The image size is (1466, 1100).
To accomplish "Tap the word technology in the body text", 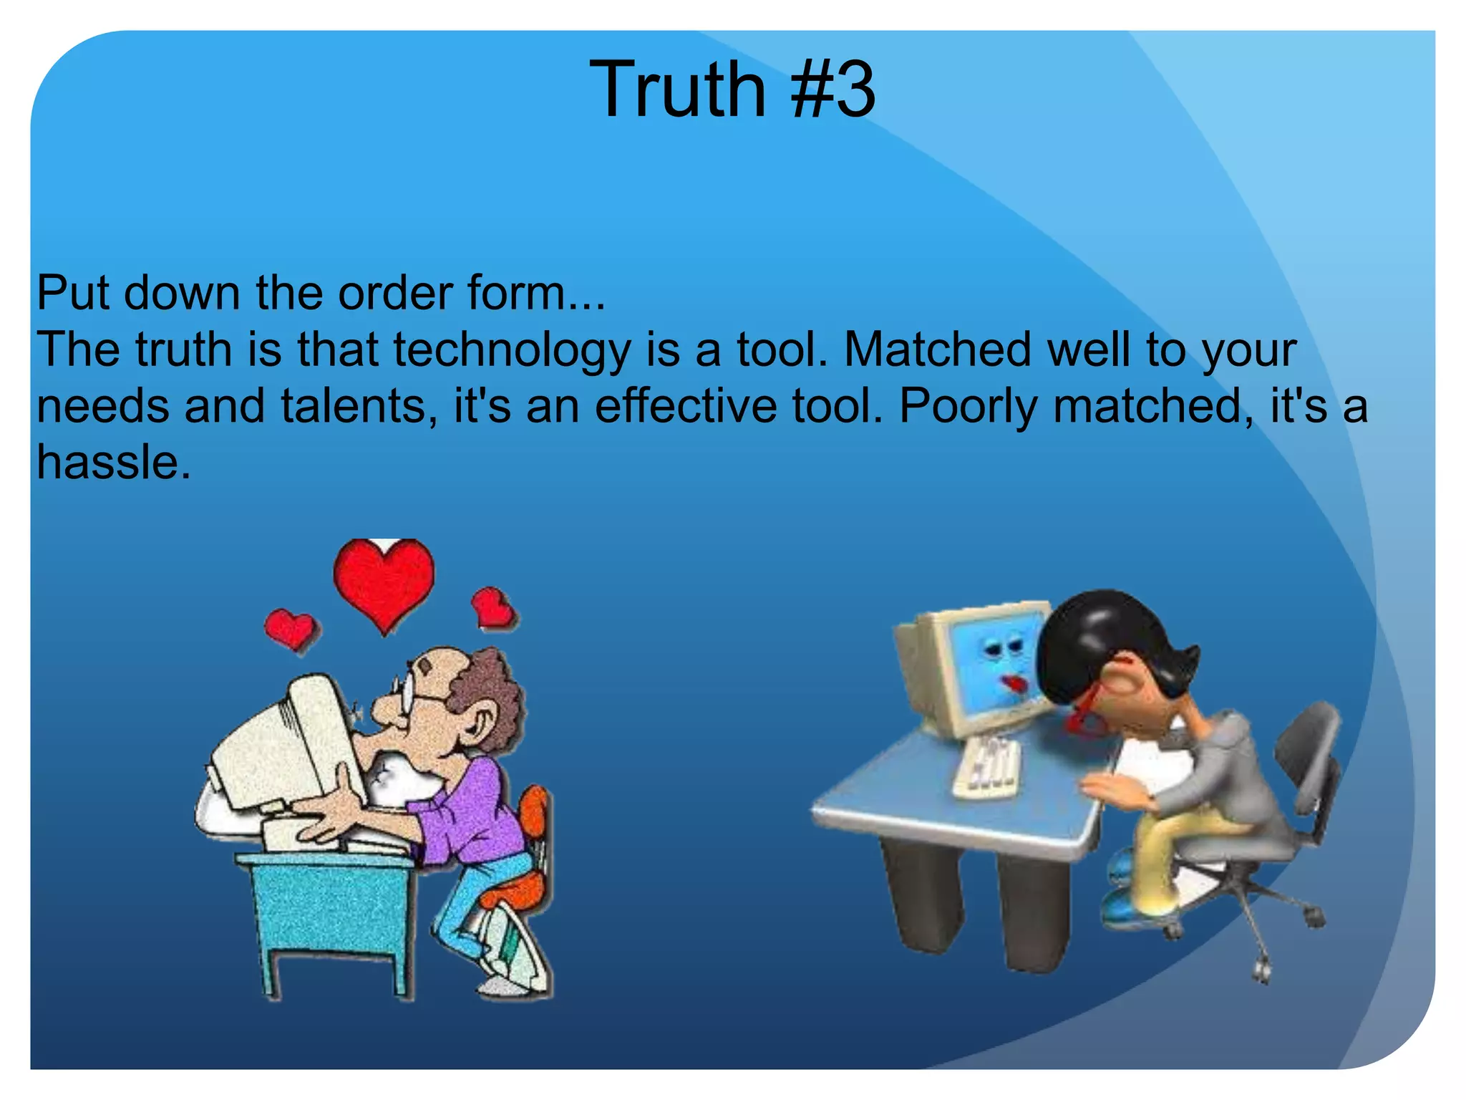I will [512, 351].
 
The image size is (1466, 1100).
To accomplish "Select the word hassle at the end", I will [112, 463].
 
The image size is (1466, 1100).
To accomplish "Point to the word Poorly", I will [967, 407].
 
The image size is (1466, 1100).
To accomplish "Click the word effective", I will [686, 406].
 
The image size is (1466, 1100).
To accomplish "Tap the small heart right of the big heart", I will [493, 608].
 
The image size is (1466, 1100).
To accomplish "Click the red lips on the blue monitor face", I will [1014, 684].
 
